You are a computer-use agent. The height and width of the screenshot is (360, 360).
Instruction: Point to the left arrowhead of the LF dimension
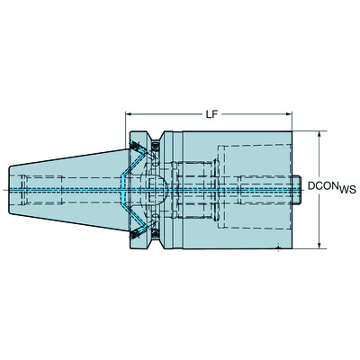click(127, 116)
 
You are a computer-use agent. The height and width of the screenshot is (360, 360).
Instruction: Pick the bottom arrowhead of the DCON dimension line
click(320, 244)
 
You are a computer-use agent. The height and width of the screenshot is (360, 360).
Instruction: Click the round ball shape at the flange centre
click(156, 190)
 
